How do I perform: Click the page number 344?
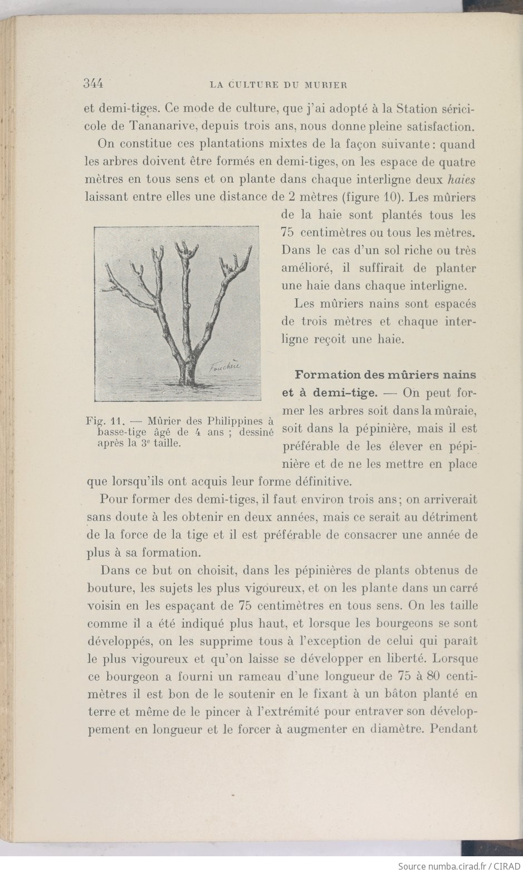[x=93, y=84]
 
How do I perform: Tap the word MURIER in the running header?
[x=326, y=85]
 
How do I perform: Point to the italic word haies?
[x=462, y=180]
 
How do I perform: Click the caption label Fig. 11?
[x=106, y=420]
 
